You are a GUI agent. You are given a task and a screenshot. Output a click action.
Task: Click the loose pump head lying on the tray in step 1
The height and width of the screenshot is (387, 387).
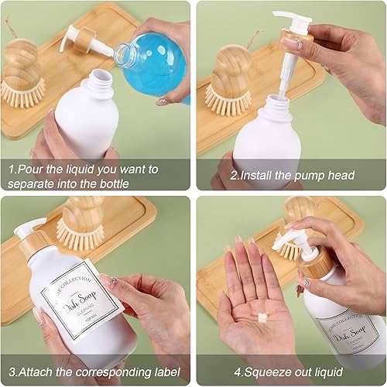tap(80, 39)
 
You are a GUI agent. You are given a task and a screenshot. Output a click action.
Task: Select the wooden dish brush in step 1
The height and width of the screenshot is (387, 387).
tap(21, 74)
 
